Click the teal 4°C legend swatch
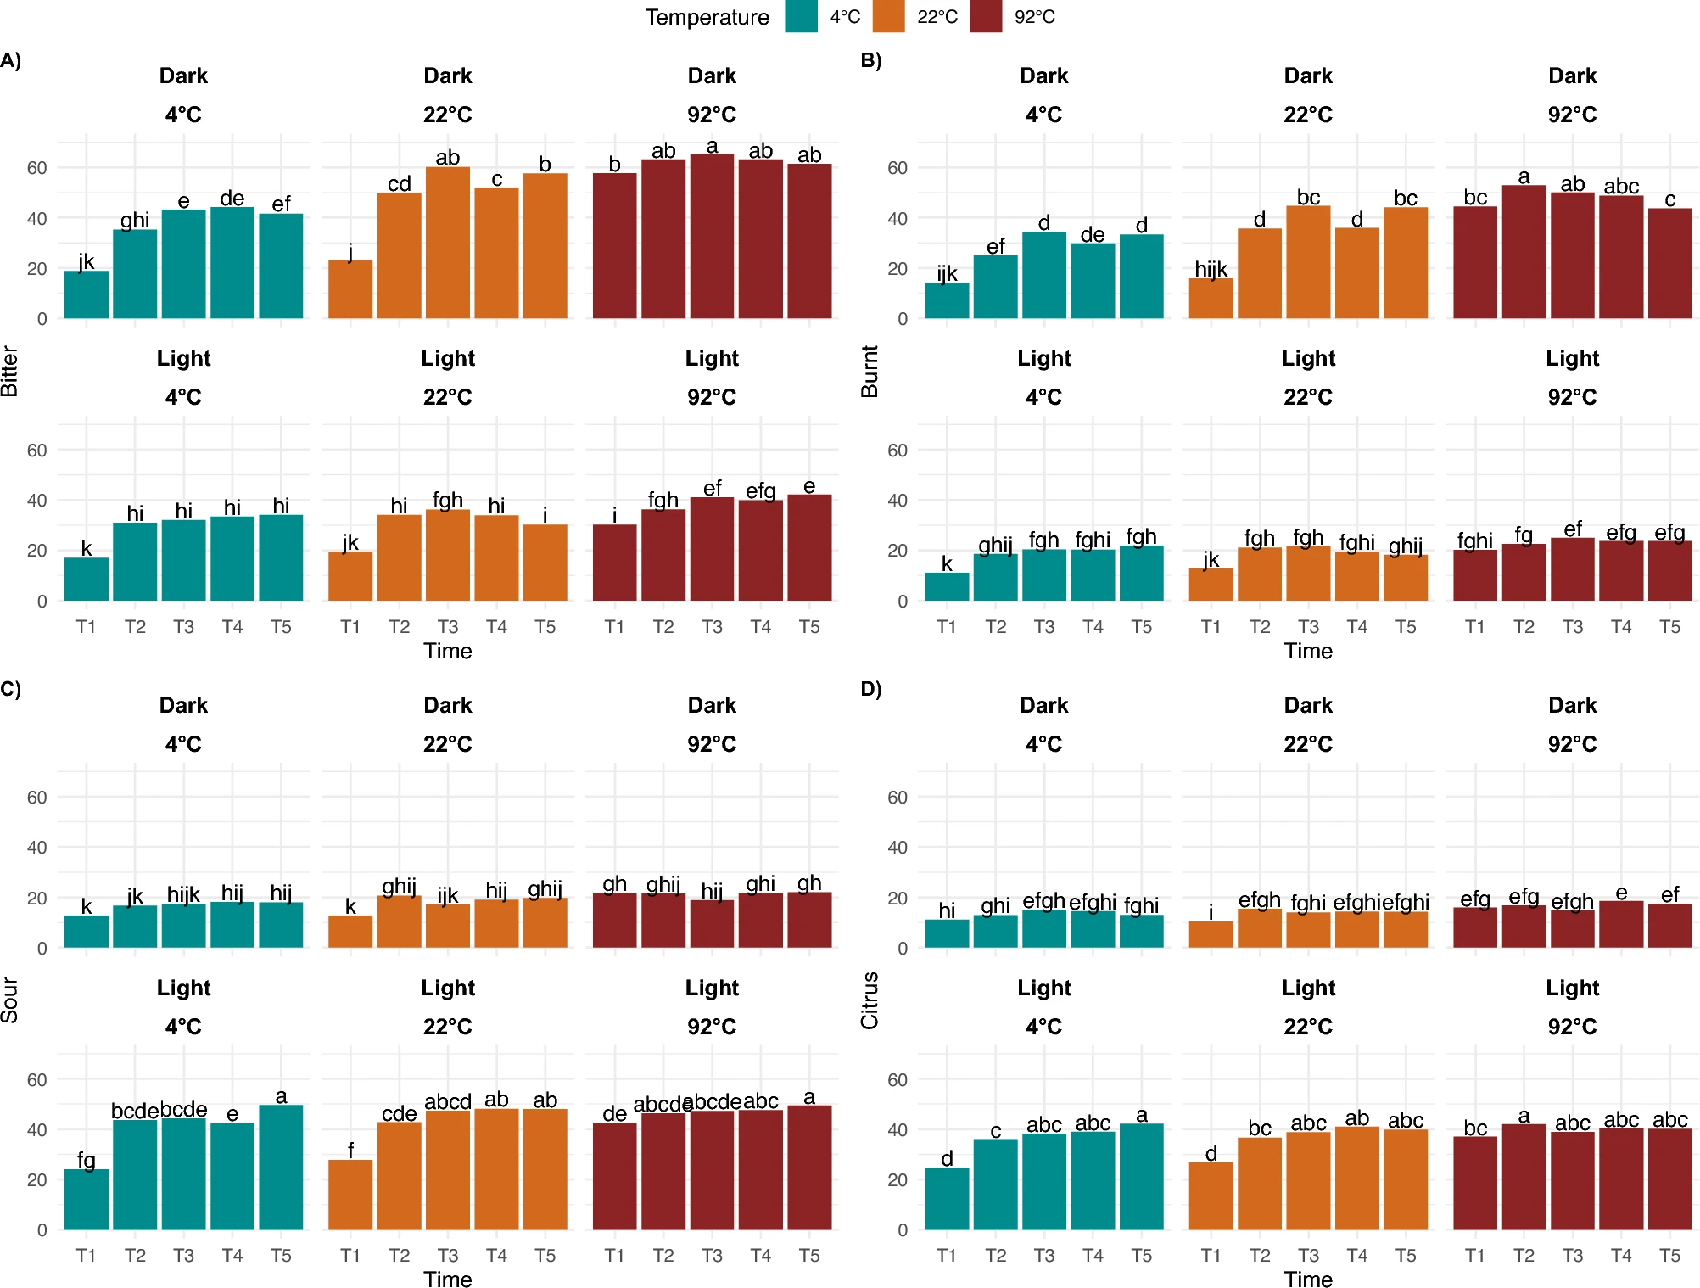(x=801, y=17)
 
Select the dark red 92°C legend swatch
(x=986, y=17)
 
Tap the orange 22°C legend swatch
(x=888, y=17)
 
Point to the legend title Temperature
(x=707, y=17)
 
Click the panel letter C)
(x=11, y=688)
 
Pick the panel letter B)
(x=871, y=60)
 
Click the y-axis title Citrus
(x=870, y=1000)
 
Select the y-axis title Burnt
(x=870, y=372)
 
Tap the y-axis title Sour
(x=9, y=1000)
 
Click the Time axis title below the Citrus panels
(x=1308, y=1279)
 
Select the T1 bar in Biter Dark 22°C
(x=350, y=289)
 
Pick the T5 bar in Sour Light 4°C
(x=281, y=1167)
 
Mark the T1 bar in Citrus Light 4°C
(x=947, y=1198)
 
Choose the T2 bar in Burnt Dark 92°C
(x=1524, y=252)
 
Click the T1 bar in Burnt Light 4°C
(x=947, y=586)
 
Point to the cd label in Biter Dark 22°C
(x=399, y=183)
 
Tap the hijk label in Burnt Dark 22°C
(x=1211, y=269)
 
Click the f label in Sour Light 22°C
(x=350, y=1150)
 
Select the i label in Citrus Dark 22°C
(x=1211, y=912)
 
